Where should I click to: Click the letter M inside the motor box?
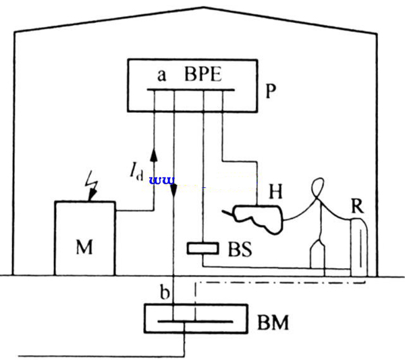[x=84, y=246]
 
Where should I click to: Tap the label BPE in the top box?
[x=204, y=75]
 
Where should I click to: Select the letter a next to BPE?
[x=161, y=75]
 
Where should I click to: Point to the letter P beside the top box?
[x=272, y=91]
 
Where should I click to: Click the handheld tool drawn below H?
[x=260, y=216]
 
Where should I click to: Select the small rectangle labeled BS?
[x=203, y=249]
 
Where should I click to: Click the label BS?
[x=238, y=249]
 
